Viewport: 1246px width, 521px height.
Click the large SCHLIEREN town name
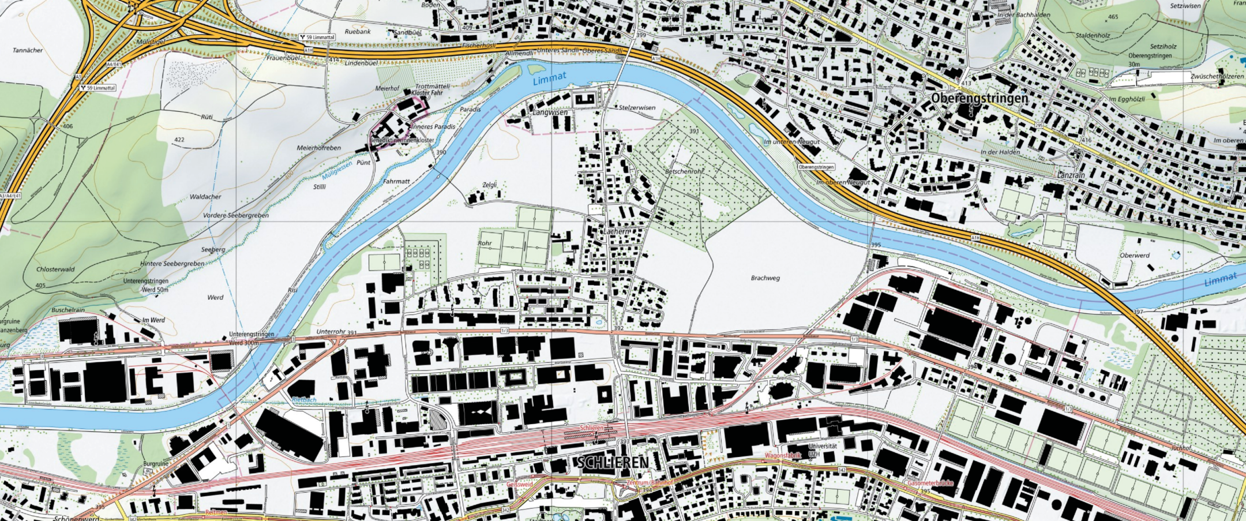pos(613,462)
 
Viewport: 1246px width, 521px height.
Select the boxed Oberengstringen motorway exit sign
pos(816,167)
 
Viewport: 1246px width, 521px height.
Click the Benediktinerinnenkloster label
pos(401,140)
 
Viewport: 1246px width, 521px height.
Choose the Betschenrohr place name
pos(684,171)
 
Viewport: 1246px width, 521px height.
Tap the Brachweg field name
pos(765,278)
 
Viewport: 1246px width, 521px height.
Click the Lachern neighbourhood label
pos(617,231)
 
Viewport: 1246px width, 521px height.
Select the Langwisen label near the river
pos(550,113)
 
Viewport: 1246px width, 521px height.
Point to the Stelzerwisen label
pos(637,107)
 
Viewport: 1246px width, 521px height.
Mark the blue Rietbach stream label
pos(304,399)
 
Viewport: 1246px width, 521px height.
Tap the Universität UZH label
pos(823,450)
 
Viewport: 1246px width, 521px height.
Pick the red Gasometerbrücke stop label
pos(930,483)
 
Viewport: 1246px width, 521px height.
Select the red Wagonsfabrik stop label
pos(783,456)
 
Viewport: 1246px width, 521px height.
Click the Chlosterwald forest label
pos(55,269)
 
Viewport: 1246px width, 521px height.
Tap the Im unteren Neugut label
pos(791,141)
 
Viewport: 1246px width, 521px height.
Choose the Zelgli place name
pos(489,185)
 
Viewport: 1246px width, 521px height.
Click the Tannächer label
pos(28,50)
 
